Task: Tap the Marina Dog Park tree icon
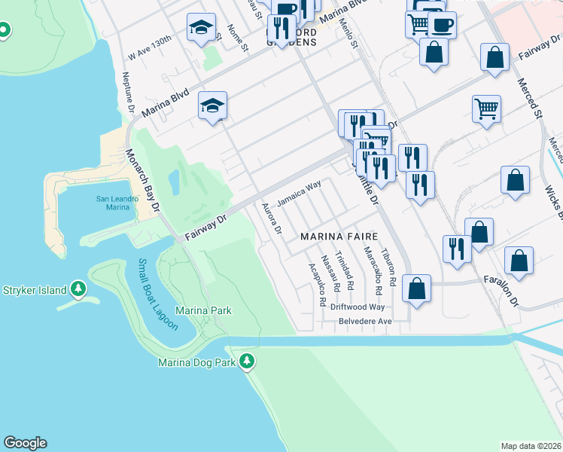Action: [x=247, y=362]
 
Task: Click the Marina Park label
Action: [x=203, y=310]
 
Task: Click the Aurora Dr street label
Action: [x=272, y=218]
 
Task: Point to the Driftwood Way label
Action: [x=359, y=307]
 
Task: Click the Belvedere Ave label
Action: [x=364, y=321]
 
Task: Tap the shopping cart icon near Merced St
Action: [x=487, y=108]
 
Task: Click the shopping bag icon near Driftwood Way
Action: [x=416, y=287]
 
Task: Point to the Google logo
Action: [x=25, y=443]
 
